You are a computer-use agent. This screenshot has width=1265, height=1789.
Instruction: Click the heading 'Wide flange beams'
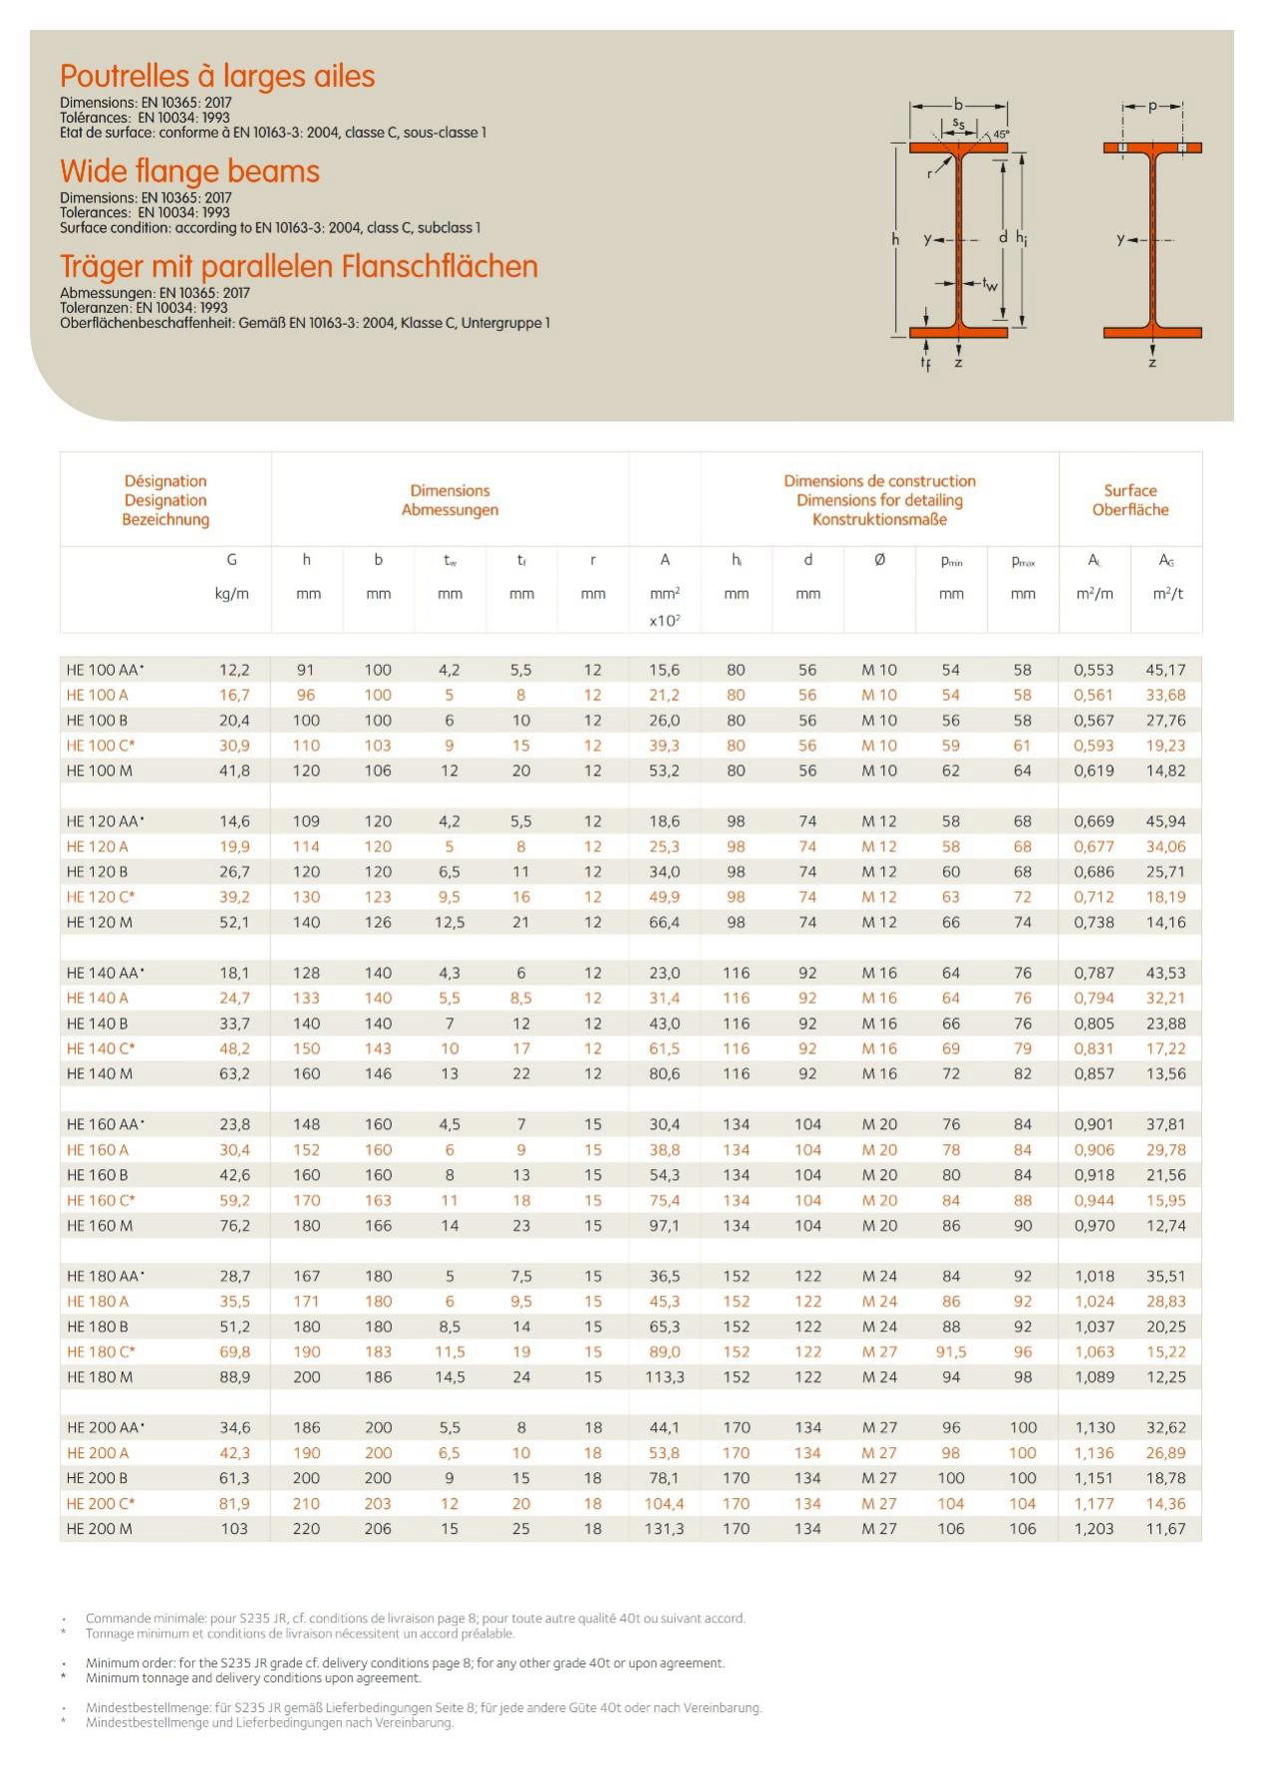(189, 171)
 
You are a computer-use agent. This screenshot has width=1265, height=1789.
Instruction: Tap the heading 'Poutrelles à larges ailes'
(217, 77)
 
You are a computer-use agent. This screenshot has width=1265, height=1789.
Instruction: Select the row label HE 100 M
(100, 770)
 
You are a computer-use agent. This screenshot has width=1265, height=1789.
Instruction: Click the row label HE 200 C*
(101, 1503)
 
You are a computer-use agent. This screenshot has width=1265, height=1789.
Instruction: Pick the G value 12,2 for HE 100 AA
(234, 670)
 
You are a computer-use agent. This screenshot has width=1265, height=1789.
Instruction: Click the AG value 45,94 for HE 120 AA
(1165, 821)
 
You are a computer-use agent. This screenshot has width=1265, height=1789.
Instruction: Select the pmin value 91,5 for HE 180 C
(951, 1351)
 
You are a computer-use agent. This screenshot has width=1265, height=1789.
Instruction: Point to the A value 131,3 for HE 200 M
(664, 1528)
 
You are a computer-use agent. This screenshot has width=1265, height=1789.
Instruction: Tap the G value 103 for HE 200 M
(234, 1528)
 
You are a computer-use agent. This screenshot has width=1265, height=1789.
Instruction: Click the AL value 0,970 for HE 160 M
(1094, 1225)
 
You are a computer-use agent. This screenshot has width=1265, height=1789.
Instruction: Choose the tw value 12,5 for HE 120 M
(450, 922)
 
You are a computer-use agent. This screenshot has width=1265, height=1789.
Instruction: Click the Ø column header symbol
(879, 560)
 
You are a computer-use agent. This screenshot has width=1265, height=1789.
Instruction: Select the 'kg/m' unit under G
(232, 594)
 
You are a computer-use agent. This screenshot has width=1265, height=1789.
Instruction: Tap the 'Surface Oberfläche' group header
(1129, 500)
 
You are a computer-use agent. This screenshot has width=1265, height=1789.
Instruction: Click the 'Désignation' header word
(165, 481)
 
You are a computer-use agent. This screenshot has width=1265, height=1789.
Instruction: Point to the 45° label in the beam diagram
(1001, 134)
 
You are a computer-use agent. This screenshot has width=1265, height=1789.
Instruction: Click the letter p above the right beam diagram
(1152, 106)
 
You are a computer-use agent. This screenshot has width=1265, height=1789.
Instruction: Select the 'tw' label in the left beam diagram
(989, 285)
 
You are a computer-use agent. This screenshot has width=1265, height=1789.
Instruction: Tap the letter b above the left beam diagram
(958, 104)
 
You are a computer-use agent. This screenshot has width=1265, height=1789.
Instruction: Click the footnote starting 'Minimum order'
(405, 1662)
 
